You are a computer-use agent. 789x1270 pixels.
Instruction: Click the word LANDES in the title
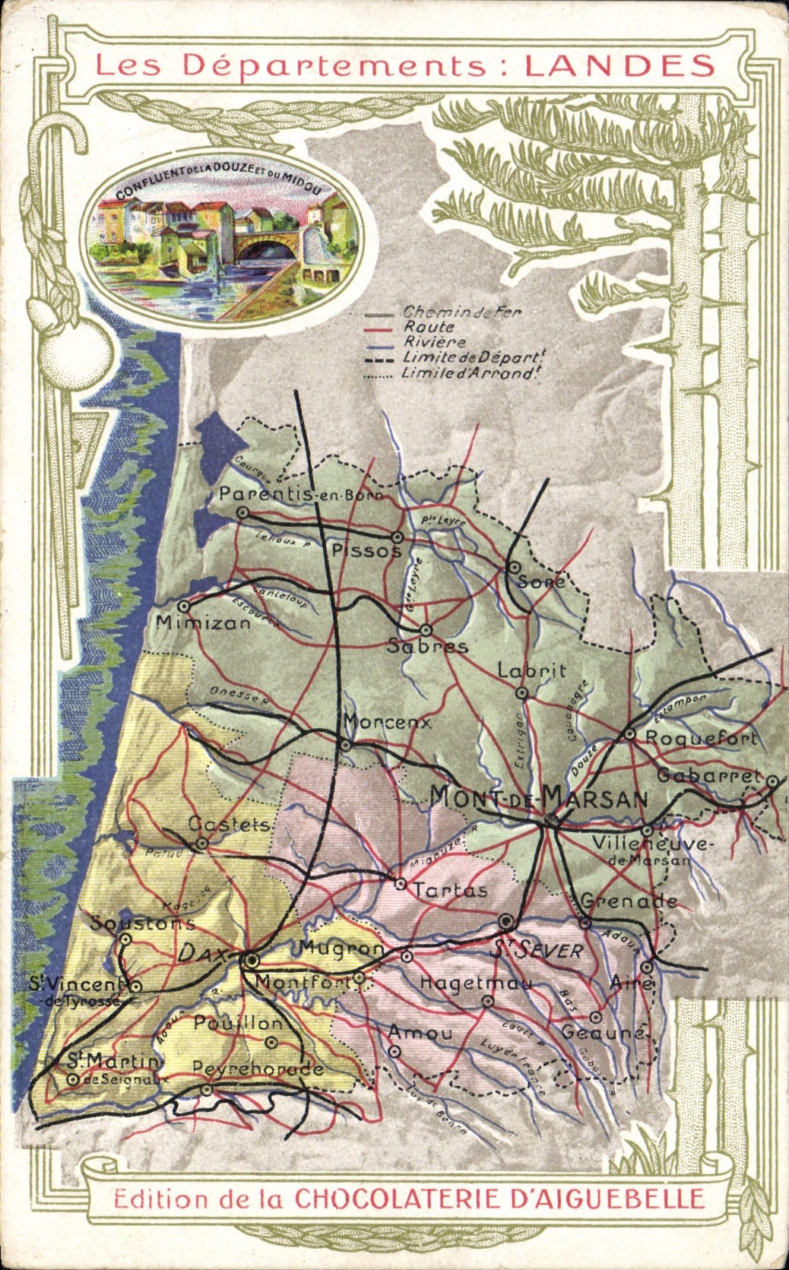[x=619, y=66]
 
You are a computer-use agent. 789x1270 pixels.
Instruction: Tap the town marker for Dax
[x=250, y=959]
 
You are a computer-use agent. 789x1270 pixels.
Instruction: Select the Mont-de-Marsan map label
[x=538, y=797]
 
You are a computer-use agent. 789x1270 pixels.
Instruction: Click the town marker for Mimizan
[x=184, y=606]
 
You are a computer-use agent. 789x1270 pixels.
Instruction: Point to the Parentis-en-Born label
[x=301, y=494]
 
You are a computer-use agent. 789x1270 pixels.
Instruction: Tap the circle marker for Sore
[x=514, y=567]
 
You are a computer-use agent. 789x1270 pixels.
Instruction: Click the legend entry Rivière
[x=434, y=342]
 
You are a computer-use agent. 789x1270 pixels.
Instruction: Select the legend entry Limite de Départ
[x=474, y=357]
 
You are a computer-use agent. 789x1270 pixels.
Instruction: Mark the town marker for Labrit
[x=521, y=692]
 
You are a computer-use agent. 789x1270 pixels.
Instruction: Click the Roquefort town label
[x=700, y=737]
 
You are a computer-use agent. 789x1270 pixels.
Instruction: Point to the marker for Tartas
[x=400, y=883]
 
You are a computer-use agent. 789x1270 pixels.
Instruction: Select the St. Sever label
[x=537, y=950]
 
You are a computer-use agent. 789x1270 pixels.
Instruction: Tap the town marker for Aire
[x=646, y=967]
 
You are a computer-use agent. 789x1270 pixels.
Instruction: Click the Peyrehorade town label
[x=258, y=1068]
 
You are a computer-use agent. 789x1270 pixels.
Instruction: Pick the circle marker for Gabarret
[x=772, y=781]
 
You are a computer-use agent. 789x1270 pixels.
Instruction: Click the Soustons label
[x=142, y=923]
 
